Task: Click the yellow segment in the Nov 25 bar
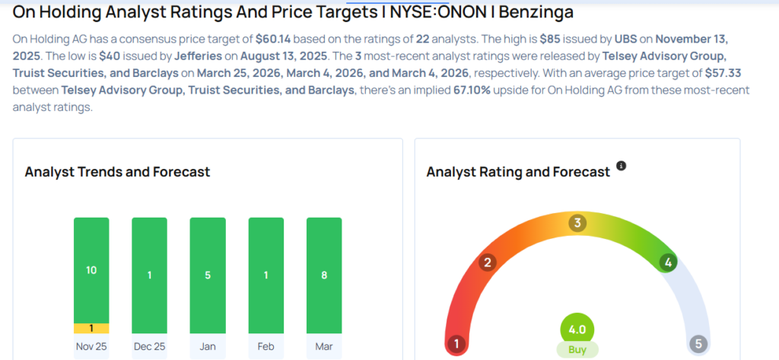coord(91,328)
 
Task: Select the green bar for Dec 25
coord(150,276)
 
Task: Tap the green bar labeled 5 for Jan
coord(208,276)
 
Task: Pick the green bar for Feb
coord(265,276)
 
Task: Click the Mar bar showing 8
coord(324,276)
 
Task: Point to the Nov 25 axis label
coord(91,346)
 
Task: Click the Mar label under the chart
coord(324,346)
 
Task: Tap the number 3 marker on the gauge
coord(577,223)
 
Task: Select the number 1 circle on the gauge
coord(456,343)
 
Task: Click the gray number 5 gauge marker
coord(698,343)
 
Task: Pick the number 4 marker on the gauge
coord(668,263)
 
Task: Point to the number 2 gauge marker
coord(488,263)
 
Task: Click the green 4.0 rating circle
coord(577,330)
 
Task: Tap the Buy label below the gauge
coord(577,349)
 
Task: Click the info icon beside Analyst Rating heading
coord(621,166)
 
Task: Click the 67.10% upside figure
coord(472,91)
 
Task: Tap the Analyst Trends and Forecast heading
coord(117,172)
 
